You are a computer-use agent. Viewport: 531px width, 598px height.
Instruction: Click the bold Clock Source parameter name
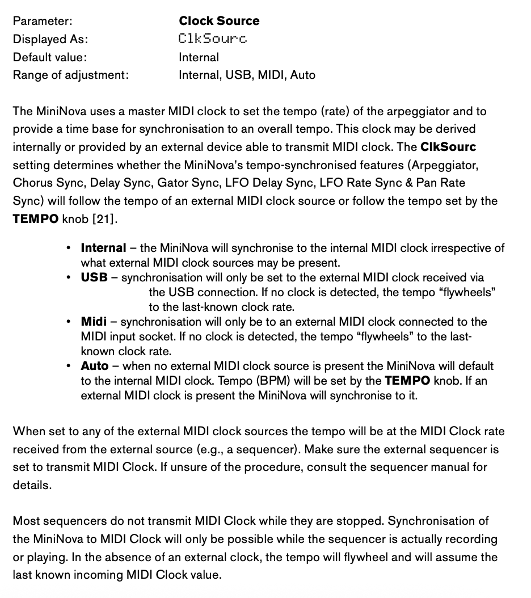coord(219,21)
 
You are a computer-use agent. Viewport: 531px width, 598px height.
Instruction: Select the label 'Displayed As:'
coord(50,39)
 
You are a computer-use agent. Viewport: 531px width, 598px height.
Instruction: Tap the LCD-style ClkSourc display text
coord(213,39)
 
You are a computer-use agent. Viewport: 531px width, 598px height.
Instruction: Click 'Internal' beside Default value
coord(199,57)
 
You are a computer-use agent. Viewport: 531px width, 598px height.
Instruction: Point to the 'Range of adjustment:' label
coord(71,75)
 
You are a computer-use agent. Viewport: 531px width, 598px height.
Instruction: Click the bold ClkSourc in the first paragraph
coord(448,147)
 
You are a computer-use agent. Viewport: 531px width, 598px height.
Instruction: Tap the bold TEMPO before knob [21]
coord(36,220)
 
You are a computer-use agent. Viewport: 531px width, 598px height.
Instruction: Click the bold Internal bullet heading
coord(103,248)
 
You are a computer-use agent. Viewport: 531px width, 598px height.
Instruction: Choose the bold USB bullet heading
coord(94,277)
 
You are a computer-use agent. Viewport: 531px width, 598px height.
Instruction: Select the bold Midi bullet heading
coord(94,322)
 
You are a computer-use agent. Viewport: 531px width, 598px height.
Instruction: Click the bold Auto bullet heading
coord(95,366)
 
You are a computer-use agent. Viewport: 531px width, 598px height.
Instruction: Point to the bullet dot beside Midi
coord(69,322)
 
